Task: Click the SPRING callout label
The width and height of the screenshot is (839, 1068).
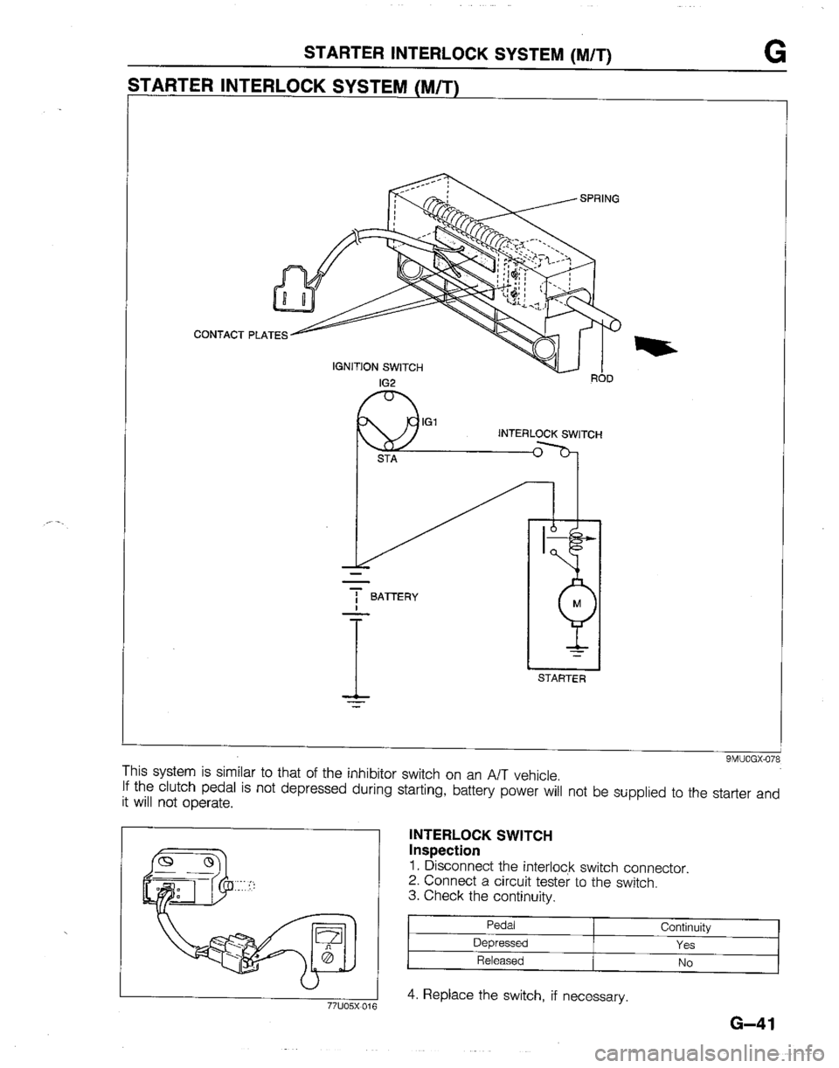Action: [x=600, y=199]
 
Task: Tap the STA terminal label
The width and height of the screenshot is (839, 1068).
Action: [x=387, y=460]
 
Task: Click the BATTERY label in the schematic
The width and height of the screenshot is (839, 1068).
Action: [x=394, y=597]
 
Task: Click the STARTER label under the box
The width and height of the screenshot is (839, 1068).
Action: [x=562, y=679]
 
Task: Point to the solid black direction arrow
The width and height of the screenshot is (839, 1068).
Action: [x=655, y=343]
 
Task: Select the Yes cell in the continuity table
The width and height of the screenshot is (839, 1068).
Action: [x=685, y=945]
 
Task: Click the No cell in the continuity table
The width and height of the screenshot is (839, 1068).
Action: [x=685, y=963]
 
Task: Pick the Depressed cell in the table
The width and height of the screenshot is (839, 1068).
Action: [x=501, y=943]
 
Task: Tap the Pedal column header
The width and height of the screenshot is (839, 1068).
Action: [x=501, y=925]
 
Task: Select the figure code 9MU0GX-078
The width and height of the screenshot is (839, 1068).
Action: [x=753, y=759]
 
